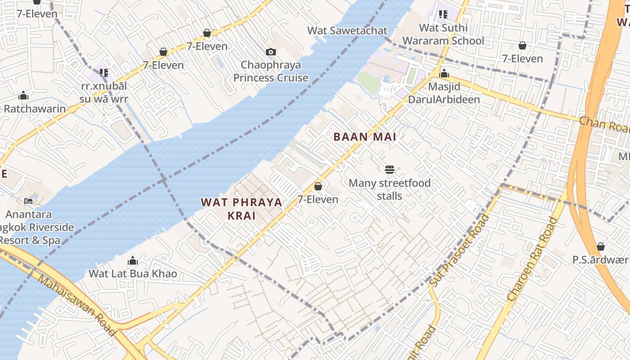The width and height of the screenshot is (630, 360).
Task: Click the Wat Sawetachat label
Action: coord(347,31)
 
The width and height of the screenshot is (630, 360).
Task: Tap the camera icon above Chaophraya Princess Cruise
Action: coord(270,52)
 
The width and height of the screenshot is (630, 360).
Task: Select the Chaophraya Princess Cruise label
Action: coord(270,72)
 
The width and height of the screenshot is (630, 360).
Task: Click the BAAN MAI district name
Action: coord(364,137)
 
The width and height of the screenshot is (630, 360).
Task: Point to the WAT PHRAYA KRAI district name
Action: coord(242,209)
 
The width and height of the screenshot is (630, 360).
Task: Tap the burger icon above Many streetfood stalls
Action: coord(390,170)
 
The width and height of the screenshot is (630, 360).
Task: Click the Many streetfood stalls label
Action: coord(390,189)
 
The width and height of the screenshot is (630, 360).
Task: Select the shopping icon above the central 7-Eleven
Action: coord(318,186)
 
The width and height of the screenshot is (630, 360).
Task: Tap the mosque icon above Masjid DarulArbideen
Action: coord(444,73)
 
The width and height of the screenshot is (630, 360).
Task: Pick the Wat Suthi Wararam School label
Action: coord(443,34)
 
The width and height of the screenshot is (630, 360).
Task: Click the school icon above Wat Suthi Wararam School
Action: coord(443,14)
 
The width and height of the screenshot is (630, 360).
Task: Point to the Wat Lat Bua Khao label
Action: coord(133,274)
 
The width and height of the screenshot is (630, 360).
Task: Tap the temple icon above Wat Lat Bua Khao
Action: coord(132,261)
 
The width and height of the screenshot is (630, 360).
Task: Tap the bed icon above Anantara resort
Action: coord(28,201)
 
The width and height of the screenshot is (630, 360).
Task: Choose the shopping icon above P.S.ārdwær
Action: coord(600,247)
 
